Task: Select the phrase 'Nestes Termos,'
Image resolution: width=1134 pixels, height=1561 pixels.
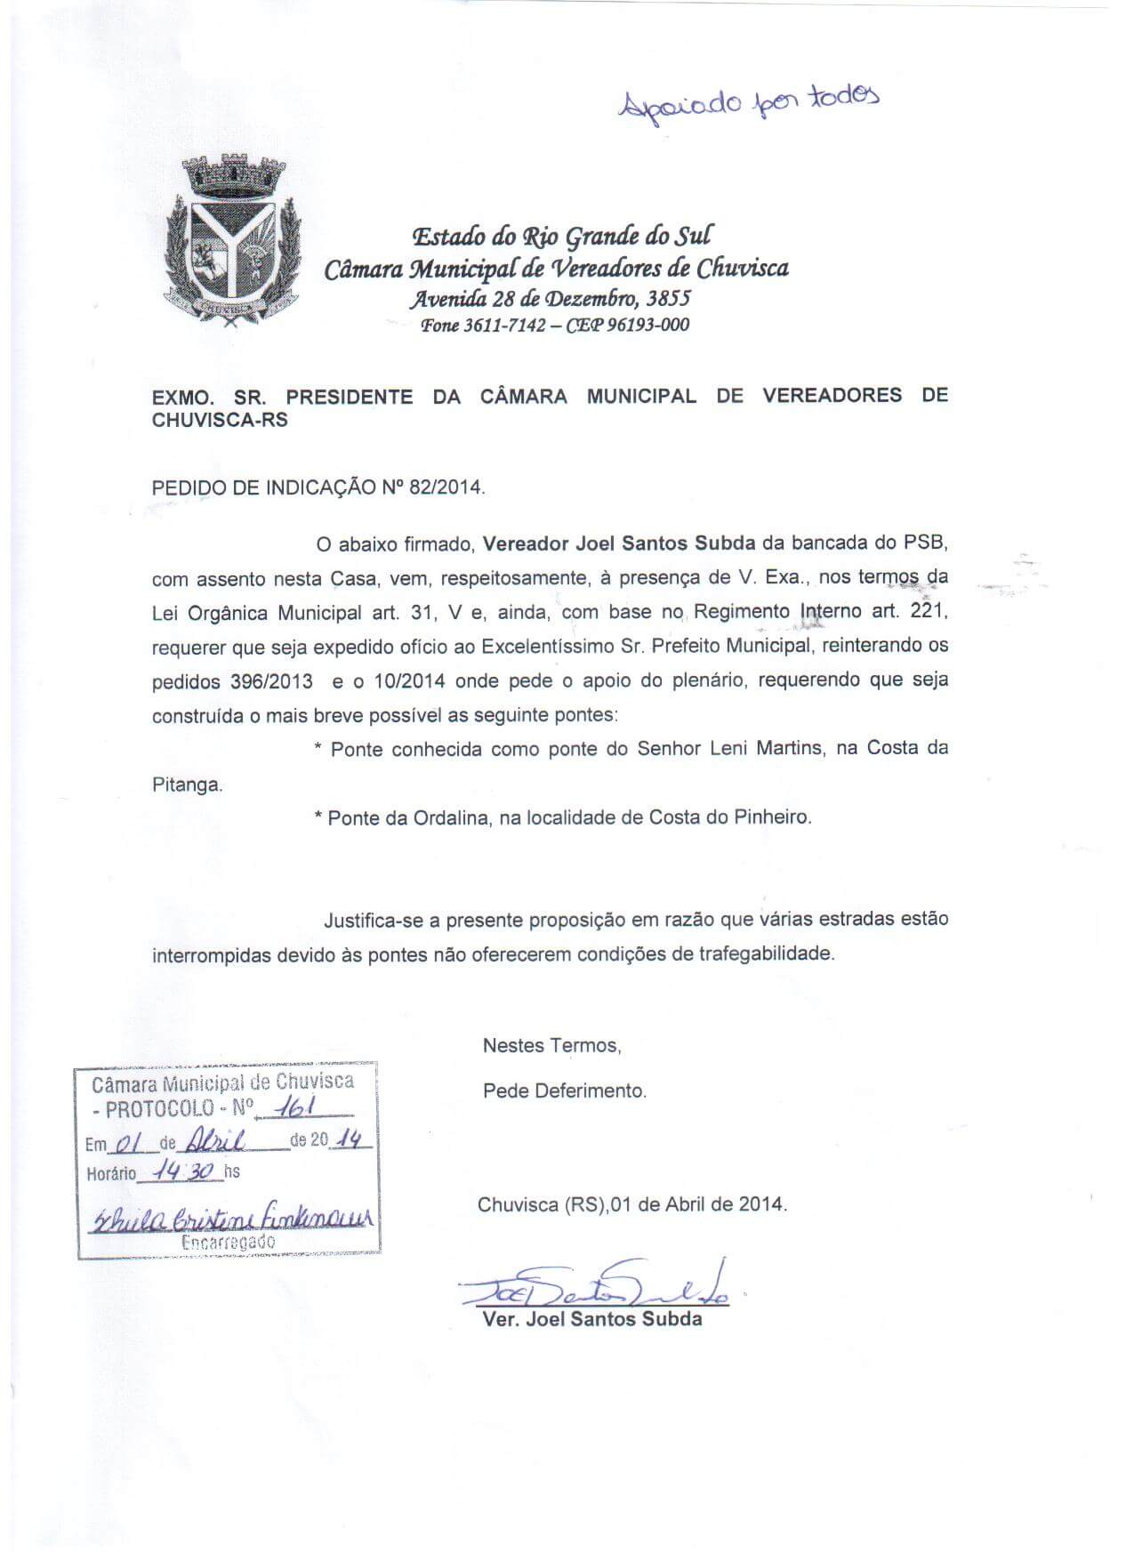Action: point(551,1046)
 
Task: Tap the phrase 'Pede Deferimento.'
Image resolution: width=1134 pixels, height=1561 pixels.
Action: point(565,1090)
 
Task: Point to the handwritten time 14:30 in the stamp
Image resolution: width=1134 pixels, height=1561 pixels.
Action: point(184,1171)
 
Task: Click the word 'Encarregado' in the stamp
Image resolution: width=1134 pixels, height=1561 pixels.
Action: point(228,1242)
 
